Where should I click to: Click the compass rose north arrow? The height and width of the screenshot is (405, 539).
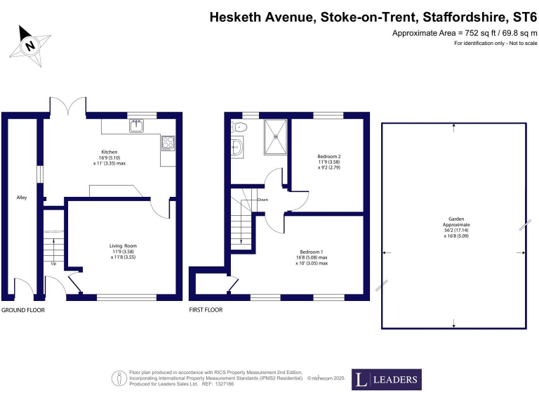[x=29, y=44]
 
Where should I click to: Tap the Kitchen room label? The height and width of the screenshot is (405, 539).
[x=109, y=152]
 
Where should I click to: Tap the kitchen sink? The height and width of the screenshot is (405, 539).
[x=136, y=127]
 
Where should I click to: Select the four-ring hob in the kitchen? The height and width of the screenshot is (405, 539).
[x=168, y=144]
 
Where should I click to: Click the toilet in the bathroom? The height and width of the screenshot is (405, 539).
[x=240, y=128]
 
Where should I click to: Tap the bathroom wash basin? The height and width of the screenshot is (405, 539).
[x=239, y=147]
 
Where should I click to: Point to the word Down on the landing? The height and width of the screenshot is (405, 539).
[x=262, y=199]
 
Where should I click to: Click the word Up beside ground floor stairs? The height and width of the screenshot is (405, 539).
[x=54, y=264]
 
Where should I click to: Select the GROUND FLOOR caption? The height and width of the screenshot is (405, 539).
[x=22, y=309]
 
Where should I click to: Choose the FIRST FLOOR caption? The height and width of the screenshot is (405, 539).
[x=206, y=309]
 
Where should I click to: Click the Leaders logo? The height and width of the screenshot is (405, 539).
[x=386, y=380]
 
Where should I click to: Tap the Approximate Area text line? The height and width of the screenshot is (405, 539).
[x=464, y=33]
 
